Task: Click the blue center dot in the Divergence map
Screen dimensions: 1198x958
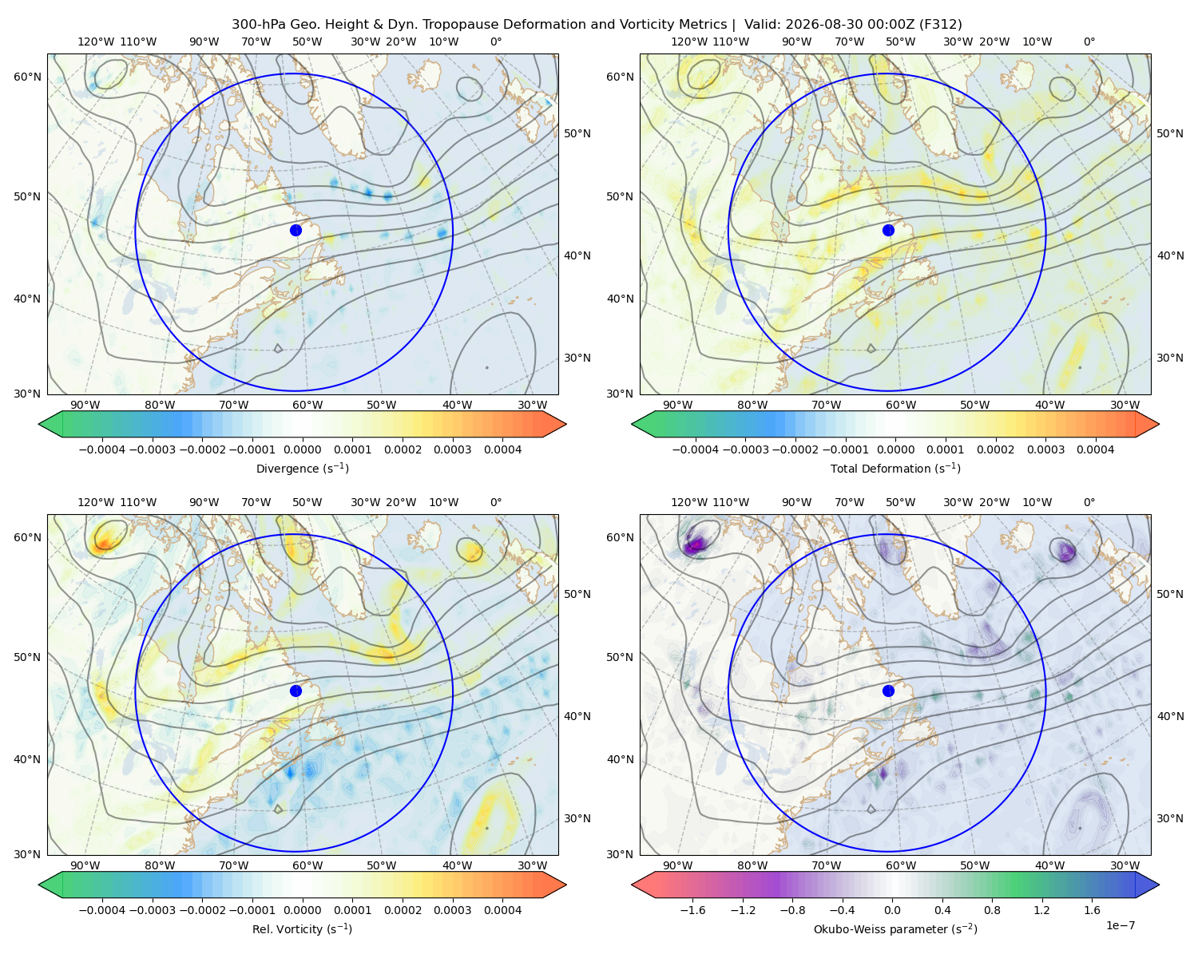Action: (x=296, y=230)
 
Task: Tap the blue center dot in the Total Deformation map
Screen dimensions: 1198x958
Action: (x=888, y=230)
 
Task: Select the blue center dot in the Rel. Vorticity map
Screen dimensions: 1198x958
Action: (x=296, y=691)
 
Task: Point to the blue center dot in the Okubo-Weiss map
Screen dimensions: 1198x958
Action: (x=888, y=691)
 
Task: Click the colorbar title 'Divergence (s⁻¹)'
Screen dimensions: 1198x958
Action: (x=302, y=468)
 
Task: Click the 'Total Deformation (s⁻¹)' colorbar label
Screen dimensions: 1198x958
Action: (x=895, y=468)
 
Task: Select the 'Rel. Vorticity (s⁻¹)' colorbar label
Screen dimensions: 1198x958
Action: (x=302, y=928)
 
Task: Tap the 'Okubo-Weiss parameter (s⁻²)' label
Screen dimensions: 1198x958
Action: (x=895, y=928)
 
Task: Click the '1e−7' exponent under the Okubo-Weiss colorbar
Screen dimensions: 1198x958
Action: (x=1120, y=925)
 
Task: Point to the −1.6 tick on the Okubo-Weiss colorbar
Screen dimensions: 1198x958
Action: (x=692, y=909)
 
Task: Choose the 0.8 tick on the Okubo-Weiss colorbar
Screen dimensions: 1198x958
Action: (x=992, y=909)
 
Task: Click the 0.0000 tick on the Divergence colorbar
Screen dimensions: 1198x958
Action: (x=302, y=449)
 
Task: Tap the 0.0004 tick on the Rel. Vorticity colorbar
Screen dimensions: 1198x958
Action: (x=502, y=909)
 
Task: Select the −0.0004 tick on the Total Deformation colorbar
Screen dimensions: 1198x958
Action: (x=696, y=449)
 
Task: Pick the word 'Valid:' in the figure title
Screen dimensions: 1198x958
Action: (x=763, y=25)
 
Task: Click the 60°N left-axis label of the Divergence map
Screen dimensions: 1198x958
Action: (x=27, y=77)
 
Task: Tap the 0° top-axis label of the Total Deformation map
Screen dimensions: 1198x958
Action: (x=1089, y=42)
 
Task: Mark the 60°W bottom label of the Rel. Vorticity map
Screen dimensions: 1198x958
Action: (x=307, y=865)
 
